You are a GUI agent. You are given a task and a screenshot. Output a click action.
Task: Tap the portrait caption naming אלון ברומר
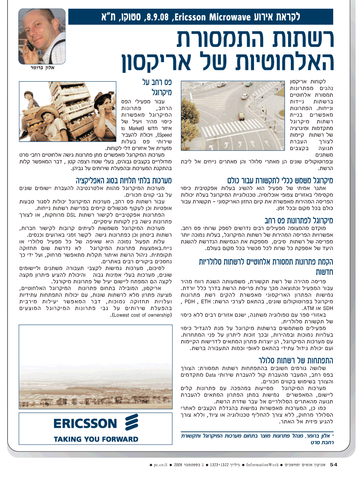[x=42, y=68]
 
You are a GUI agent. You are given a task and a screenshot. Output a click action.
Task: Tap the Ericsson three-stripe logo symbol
[x=132, y=423]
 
